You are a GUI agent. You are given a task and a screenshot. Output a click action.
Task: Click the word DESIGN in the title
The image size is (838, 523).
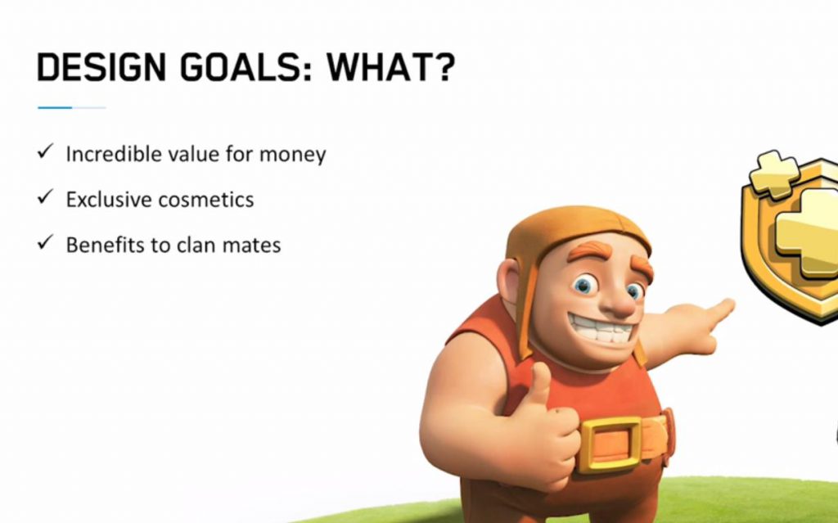pos(101,67)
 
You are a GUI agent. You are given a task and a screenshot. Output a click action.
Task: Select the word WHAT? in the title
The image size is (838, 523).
pos(390,67)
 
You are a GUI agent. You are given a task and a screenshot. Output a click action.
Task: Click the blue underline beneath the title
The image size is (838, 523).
pos(72,107)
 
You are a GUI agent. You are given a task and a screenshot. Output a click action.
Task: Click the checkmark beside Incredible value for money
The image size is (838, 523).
pos(46,151)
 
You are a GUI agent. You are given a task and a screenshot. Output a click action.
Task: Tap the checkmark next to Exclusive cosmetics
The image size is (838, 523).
pos(46,196)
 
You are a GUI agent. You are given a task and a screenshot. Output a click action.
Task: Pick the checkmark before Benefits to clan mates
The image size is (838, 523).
pos(46,242)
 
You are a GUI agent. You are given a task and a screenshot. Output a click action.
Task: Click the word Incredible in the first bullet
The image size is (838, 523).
pos(113,154)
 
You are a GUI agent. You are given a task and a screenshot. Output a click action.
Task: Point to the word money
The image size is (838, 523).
pos(292,156)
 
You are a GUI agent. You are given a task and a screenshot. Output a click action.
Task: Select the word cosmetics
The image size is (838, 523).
pos(206,200)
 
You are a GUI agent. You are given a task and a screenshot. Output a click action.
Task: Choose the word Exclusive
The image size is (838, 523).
pos(109,200)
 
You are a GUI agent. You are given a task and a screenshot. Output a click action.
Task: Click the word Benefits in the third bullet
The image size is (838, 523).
pos(105,245)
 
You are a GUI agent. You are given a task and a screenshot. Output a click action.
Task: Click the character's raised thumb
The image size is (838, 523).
pos(540,383)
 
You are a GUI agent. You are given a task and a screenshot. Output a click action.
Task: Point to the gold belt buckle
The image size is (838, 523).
pos(609,444)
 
